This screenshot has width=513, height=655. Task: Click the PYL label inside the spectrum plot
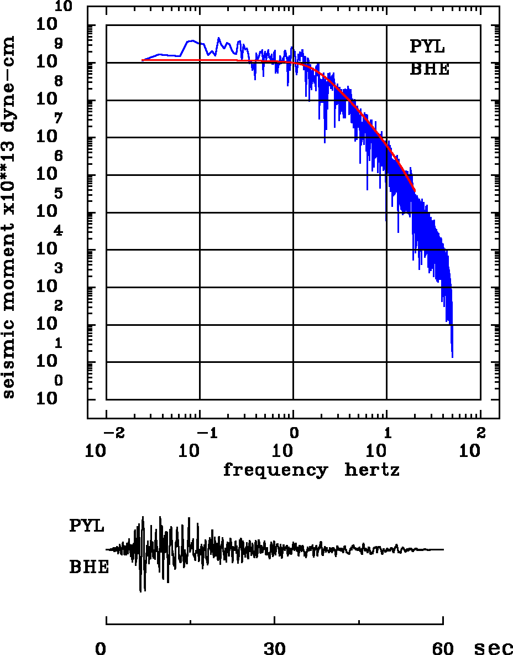point(427,46)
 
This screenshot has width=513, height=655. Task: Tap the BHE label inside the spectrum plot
point(430,70)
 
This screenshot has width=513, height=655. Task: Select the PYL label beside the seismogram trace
point(87,526)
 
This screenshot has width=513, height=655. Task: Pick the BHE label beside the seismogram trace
point(89,568)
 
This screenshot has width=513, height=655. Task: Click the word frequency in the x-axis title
point(275,470)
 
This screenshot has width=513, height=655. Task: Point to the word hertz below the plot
point(372,470)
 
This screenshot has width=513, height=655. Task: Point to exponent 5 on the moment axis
point(59,194)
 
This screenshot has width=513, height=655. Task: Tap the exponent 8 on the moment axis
point(59,81)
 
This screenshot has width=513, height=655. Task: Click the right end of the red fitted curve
point(415,191)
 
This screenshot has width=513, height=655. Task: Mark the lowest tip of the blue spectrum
point(452,357)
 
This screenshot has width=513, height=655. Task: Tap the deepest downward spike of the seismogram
point(142,591)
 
